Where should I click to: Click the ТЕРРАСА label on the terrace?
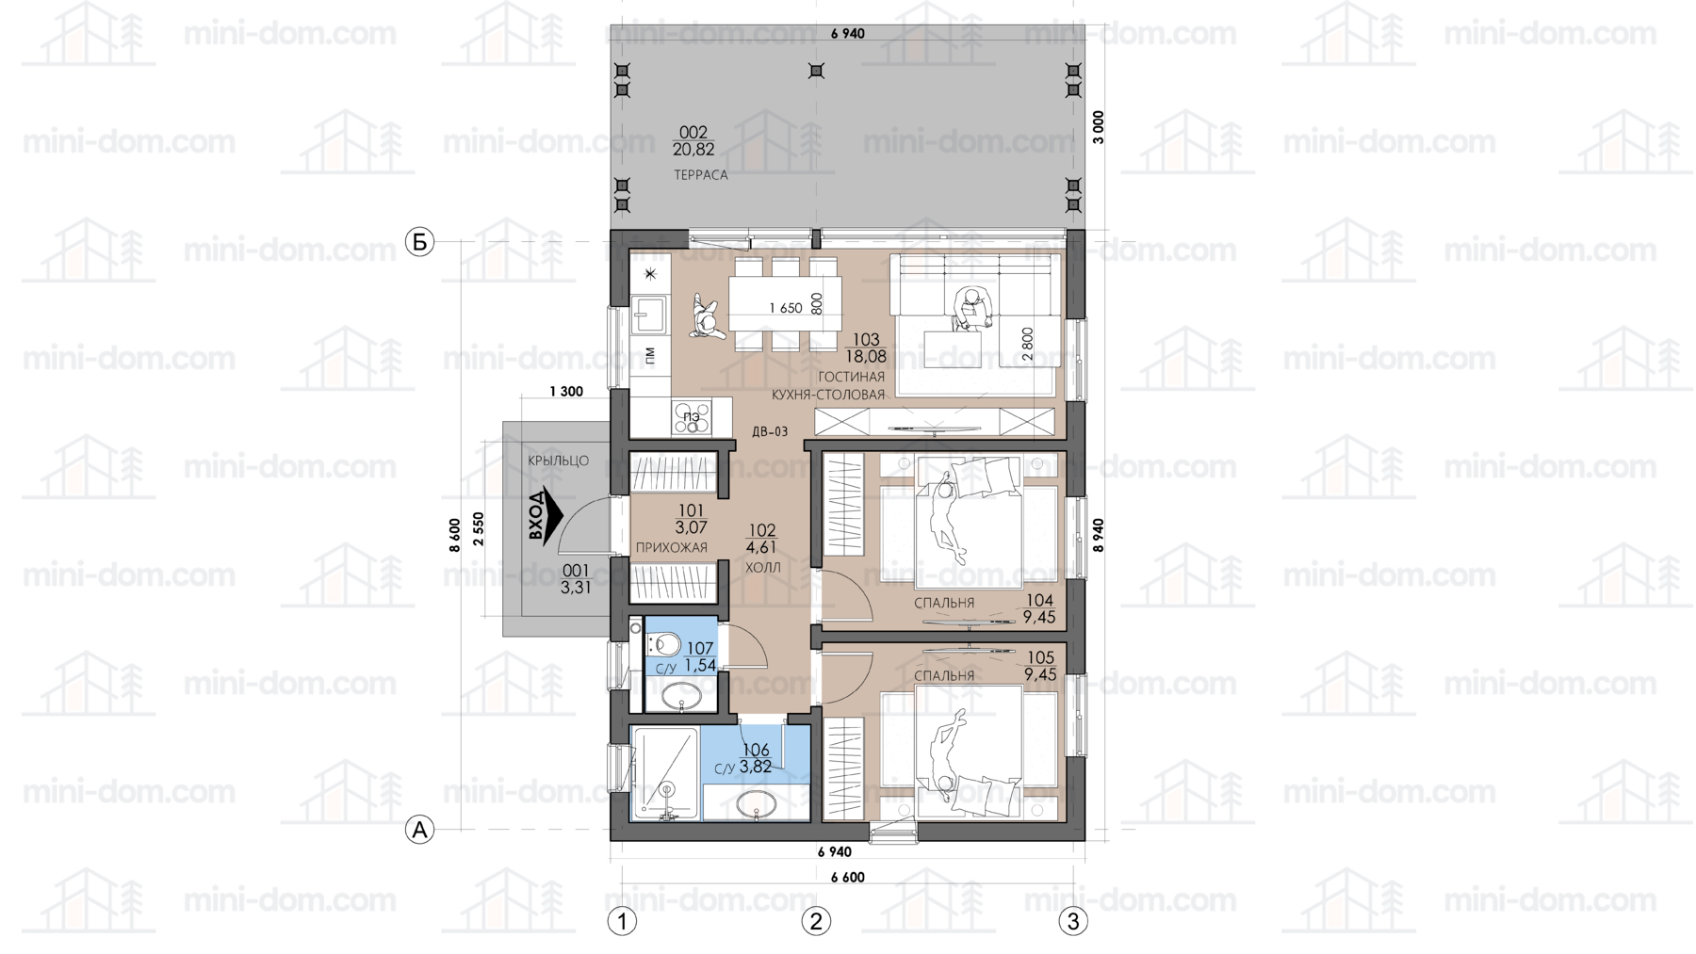coord(700,175)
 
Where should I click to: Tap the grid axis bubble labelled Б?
coord(419,242)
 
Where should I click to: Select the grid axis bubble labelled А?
coord(419,830)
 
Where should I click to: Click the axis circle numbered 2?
coord(816,921)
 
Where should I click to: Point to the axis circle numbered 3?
coord(1073,921)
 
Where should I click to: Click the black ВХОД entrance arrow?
coord(545,515)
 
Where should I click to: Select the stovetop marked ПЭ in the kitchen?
coord(692,418)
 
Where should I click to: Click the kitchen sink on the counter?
coord(649,314)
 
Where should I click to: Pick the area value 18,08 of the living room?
coord(865,357)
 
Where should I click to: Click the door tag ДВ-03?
coord(770,432)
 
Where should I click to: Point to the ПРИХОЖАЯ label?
coord(671,548)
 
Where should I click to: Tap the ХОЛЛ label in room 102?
coord(763,568)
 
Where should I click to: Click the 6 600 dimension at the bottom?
coord(847,878)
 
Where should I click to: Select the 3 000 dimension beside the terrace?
coord(1098,127)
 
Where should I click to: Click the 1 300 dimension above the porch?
coord(565,392)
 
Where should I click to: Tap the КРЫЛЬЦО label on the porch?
coord(558,461)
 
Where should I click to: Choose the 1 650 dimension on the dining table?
coord(785,308)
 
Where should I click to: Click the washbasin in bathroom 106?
coord(756,804)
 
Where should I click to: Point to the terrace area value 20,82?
coord(693,150)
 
